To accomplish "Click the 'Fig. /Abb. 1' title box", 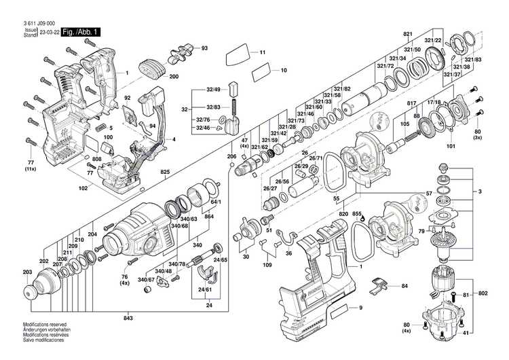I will [x=81, y=32].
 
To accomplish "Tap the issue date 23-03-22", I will [x=48, y=32].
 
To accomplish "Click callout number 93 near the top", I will [x=204, y=48].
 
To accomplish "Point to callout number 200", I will [x=174, y=76].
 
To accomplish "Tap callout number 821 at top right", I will [x=408, y=34].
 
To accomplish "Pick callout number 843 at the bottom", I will [x=128, y=319].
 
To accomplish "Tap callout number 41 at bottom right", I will [x=484, y=334].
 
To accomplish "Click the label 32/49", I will [x=213, y=90].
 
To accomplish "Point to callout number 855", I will [x=357, y=214].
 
